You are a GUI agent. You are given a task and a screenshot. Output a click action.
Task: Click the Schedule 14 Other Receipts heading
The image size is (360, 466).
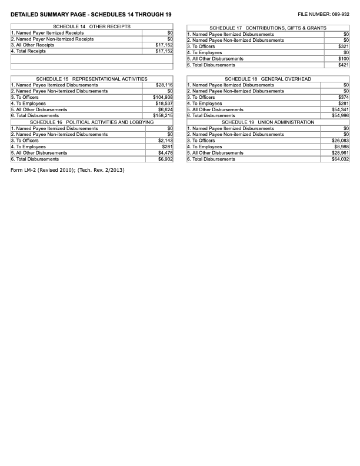[92, 27]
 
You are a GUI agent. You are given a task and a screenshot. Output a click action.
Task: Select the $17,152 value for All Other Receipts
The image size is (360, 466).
[164, 45]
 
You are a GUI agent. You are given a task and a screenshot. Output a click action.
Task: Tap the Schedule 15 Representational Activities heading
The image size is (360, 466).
[92, 79]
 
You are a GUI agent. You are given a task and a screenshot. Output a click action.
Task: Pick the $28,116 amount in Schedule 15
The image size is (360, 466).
[164, 85]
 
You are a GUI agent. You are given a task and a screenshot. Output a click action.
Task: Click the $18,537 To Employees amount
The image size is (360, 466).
[164, 104]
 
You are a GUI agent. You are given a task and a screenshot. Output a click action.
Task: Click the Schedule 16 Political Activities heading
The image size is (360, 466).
[92, 122]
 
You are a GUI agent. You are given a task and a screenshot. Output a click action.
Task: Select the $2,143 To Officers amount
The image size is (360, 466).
[165, 141]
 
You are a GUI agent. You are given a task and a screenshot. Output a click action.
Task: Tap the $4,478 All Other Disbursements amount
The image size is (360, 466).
[165, 153]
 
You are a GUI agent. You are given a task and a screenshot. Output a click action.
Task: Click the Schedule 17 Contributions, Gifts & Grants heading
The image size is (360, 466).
[268, 28]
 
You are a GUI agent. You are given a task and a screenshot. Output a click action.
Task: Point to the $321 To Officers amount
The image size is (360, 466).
[344, 46]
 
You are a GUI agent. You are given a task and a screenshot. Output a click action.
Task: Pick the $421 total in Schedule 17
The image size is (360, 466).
[344, 65]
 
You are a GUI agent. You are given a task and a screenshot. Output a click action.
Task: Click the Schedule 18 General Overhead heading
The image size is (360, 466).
[268, 79]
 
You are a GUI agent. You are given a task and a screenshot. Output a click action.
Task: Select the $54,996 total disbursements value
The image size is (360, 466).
[341, 116]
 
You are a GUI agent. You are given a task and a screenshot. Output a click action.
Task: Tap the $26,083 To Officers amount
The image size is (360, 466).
[341, 141]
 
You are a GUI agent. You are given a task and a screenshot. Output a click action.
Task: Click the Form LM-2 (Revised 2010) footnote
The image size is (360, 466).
[68, 170]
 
